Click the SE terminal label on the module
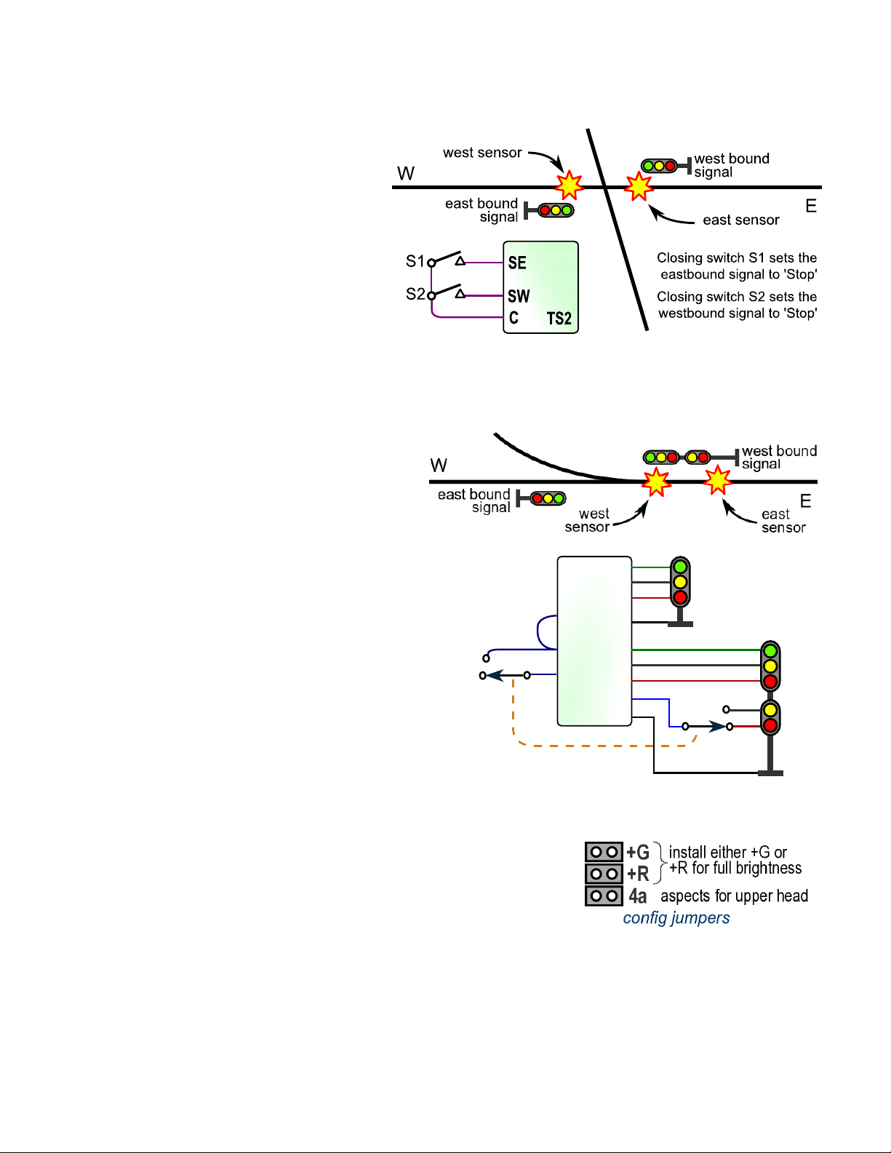517,263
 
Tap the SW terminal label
519,296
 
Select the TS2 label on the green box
559,319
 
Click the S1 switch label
415,260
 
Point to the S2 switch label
415,294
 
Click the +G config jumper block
604,852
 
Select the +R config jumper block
604,874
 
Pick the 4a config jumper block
604,895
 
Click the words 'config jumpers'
676,918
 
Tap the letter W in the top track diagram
406,174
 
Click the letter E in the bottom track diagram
805,501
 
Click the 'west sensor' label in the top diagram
482,153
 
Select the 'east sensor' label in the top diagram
740,220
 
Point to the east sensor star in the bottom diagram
718,480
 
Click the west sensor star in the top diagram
569,185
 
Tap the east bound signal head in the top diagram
556,210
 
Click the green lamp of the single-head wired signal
680,567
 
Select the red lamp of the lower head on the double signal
770,725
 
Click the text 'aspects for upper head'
734,896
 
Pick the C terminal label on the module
514,318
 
